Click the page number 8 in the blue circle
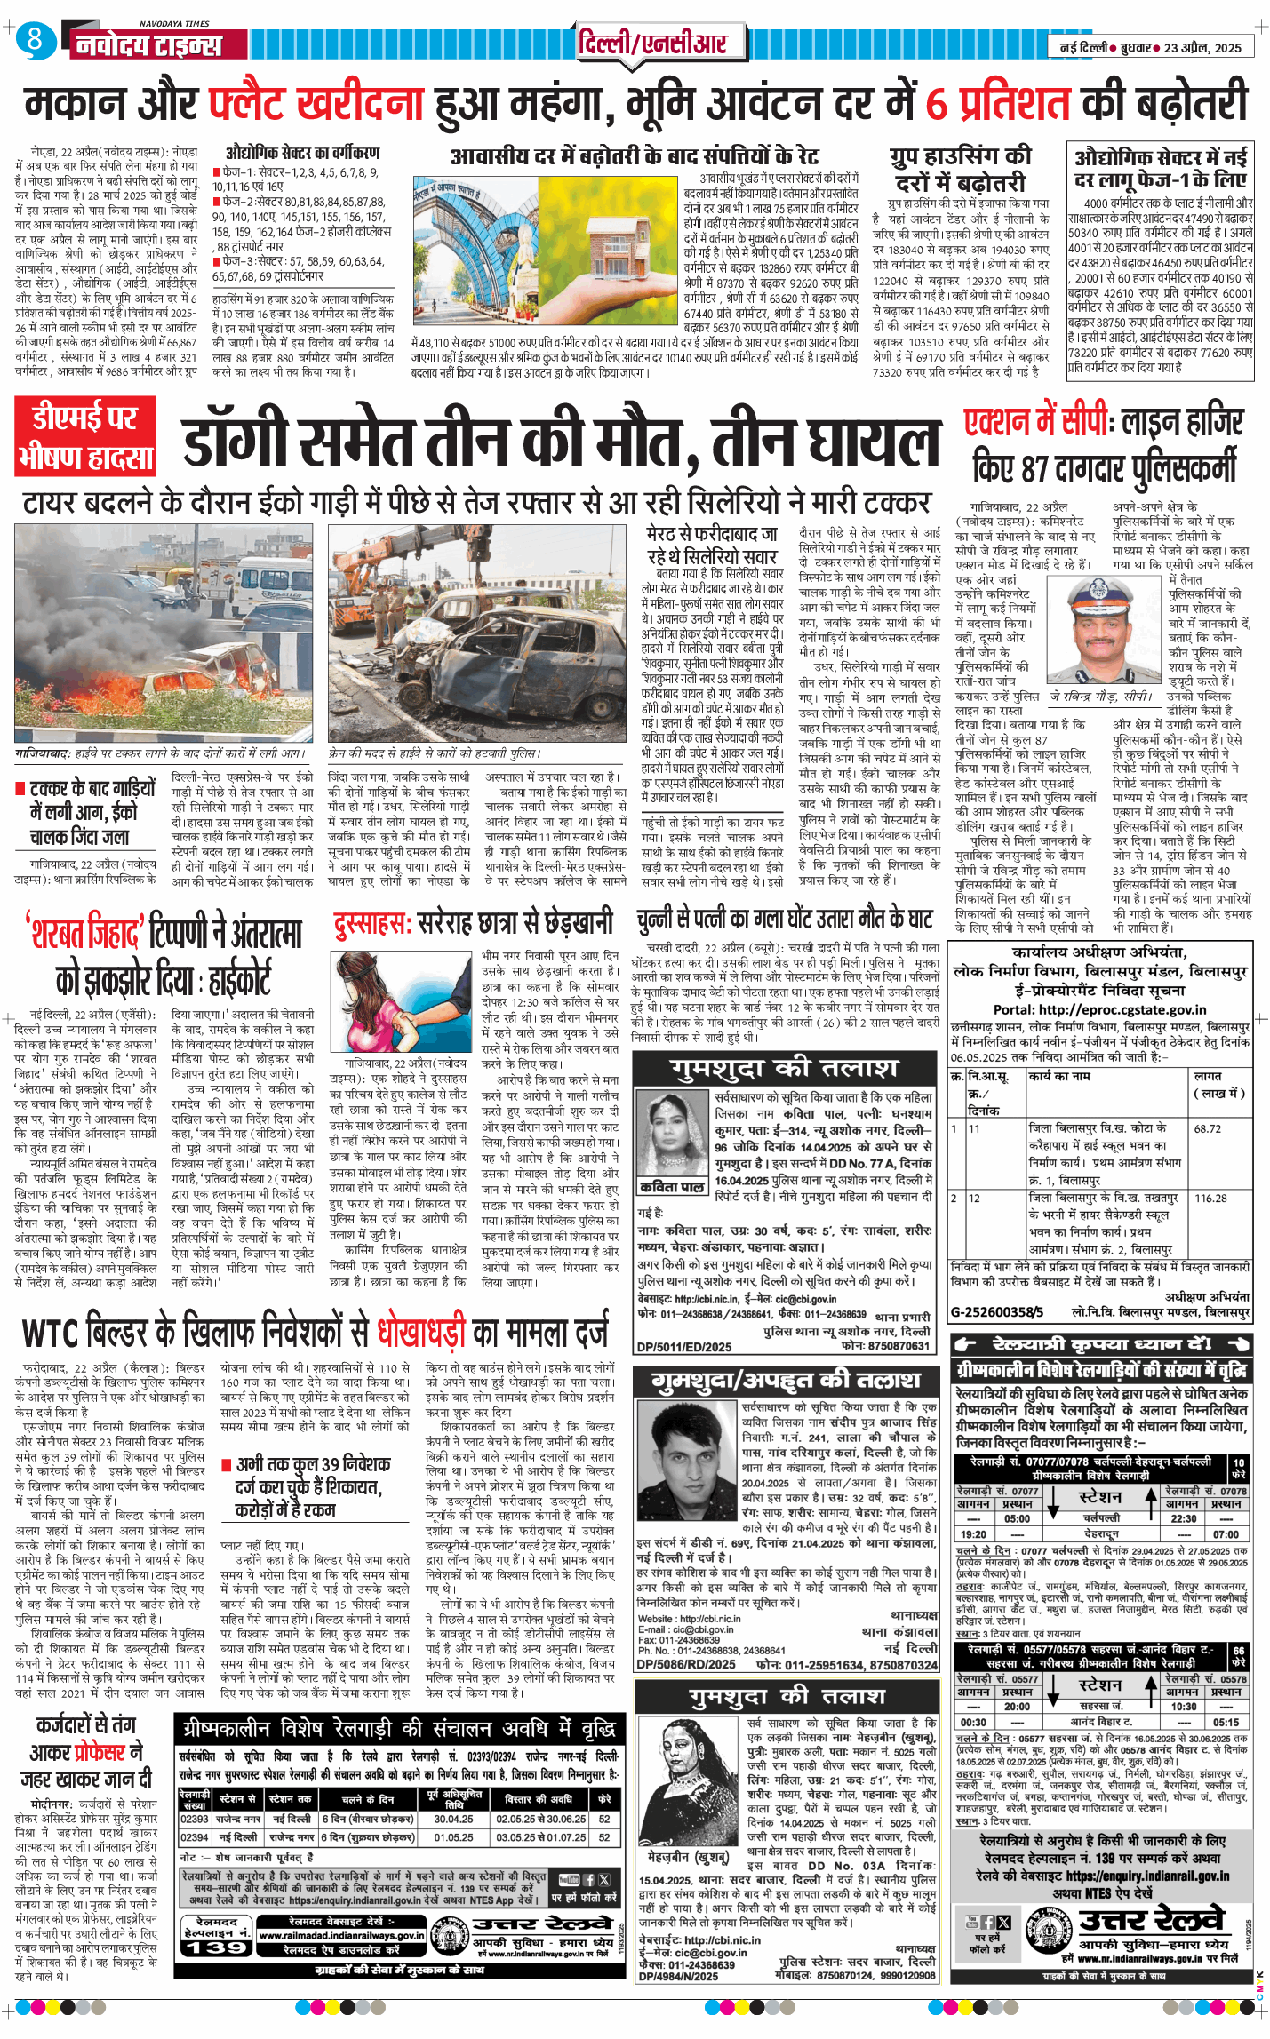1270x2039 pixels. [35, 41]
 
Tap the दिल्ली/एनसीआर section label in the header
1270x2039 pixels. [651, 43]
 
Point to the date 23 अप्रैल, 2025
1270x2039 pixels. [1202, 48]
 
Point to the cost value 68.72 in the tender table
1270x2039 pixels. [1207, 1128]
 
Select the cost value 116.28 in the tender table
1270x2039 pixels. [1210, 1198]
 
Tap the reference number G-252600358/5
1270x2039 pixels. [997, 1311]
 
